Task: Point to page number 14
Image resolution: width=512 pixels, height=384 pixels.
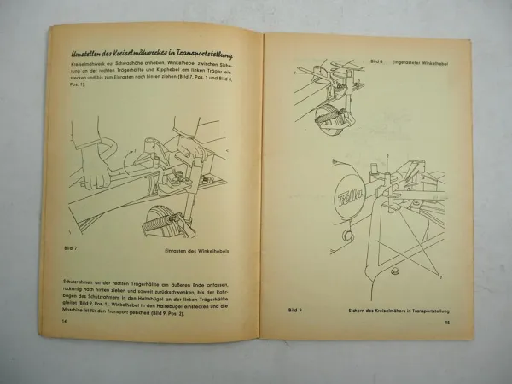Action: click(52, 320)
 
